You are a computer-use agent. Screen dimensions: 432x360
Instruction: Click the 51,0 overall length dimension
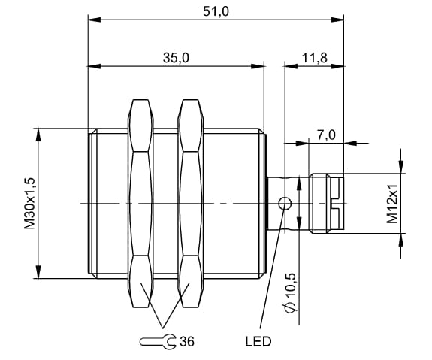click(x=216, y=12)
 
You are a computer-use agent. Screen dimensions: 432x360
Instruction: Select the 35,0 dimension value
click(x=176, y=58)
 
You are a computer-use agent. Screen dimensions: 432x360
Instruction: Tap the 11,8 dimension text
click(x=314, y=58)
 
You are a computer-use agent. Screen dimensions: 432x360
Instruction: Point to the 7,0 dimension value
click(x=326, y=135)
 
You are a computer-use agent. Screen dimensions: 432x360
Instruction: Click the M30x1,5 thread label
click(x=30, y=204)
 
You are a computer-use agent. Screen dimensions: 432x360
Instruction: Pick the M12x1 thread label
click(x=392, y=204)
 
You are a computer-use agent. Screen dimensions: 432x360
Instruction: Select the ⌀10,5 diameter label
click(x=291, y=293)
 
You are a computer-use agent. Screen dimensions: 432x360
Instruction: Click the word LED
click(x=258, y=342)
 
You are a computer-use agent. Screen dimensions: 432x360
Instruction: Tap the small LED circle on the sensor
click(x=285, y=204)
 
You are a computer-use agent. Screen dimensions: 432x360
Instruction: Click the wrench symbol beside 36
click(x=157, y=342)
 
